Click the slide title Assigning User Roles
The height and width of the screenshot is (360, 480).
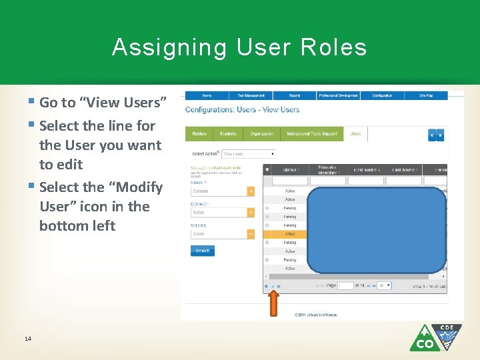tap(239, 47)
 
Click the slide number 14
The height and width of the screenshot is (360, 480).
tap(27, 339)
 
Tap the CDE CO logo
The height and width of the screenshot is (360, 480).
tap(435, 337)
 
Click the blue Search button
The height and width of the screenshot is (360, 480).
tap(203, 251)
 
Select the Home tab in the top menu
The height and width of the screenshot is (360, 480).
tap(207, 95)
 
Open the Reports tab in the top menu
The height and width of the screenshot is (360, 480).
tap(294, 95)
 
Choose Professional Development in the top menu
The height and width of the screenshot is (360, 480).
tap(338, 95)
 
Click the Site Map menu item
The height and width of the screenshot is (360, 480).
tap(425, 95)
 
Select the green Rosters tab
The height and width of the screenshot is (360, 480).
tap(199, 133)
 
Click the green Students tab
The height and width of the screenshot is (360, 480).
tap(228, 133)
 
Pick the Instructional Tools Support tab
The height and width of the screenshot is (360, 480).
tap(311, 133)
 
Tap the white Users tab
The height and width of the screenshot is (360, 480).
tap(355, 133)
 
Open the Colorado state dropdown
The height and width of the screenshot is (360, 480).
tap(223, 191)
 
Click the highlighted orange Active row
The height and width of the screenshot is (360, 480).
tap(285, 234)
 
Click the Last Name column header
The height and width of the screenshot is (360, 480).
tap(403, 170)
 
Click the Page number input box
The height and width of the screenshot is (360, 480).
tap(345, 285)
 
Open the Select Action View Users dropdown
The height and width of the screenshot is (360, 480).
tap(247, 153)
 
